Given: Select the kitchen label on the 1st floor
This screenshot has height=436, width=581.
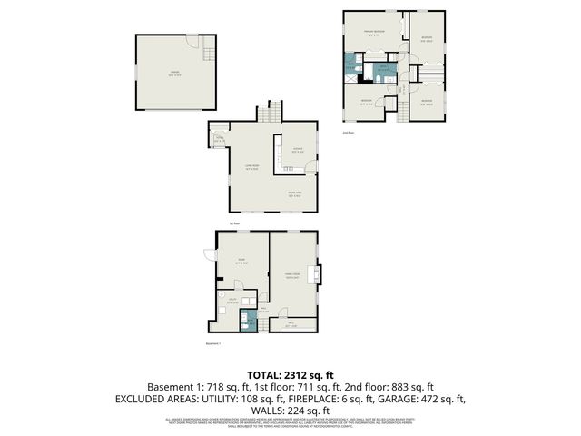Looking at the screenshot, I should point(298,151).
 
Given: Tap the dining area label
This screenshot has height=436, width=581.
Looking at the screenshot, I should point(294,194).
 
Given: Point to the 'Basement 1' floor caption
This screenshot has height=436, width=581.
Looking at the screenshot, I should point(213,343).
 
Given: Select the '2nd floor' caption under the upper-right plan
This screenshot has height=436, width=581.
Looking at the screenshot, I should point(348,133).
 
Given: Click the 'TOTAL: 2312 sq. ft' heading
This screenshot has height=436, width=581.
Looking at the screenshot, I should point(290,375).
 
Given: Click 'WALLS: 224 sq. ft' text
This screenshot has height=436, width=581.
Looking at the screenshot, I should point(290,410).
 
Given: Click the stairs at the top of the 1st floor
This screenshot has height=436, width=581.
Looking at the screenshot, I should point(267,113).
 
